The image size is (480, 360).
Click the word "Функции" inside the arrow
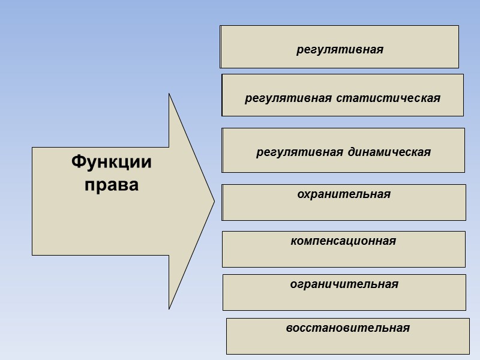pyautogui.click(x=112, y=163)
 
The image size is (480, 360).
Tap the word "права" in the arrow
pyautogui.click(x=112, y=184)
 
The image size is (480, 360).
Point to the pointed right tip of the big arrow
pyautogui.click(x=214, y=202)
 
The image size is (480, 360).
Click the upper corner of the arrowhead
pyautogui.click(x=169, y=94)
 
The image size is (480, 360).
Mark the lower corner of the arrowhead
pyautogui.click(x=169, y=308)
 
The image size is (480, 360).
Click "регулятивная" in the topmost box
pyautogui.click(x=340, y=49)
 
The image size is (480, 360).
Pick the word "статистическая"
pyautogui.click(x=388, y=98)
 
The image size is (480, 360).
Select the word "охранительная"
pyautogui.click(x=344, y=194)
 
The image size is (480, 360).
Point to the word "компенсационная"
pyautogui.click(x=343, y=241)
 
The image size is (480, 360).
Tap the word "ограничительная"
pyautogui.click(x=344, y=284)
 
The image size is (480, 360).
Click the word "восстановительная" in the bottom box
pyautogui.click(x=348, y=328)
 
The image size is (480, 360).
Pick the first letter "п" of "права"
pyautogui.click(x=89, y=185)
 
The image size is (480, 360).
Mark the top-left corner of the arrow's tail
pyautogui.click(x=32, y=148)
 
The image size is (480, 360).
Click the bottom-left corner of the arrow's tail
pyautogui.click(x=32, y=255)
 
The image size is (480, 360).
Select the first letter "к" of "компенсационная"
pyautogui.click(x=293, y=241)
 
